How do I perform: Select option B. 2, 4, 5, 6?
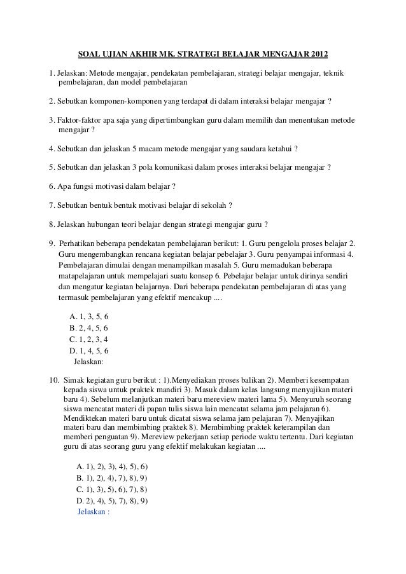(88, 329)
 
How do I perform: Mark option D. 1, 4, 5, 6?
(88, 350)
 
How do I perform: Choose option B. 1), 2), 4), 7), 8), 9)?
(111, 479)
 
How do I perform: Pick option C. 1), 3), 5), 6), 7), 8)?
(111, 489)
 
